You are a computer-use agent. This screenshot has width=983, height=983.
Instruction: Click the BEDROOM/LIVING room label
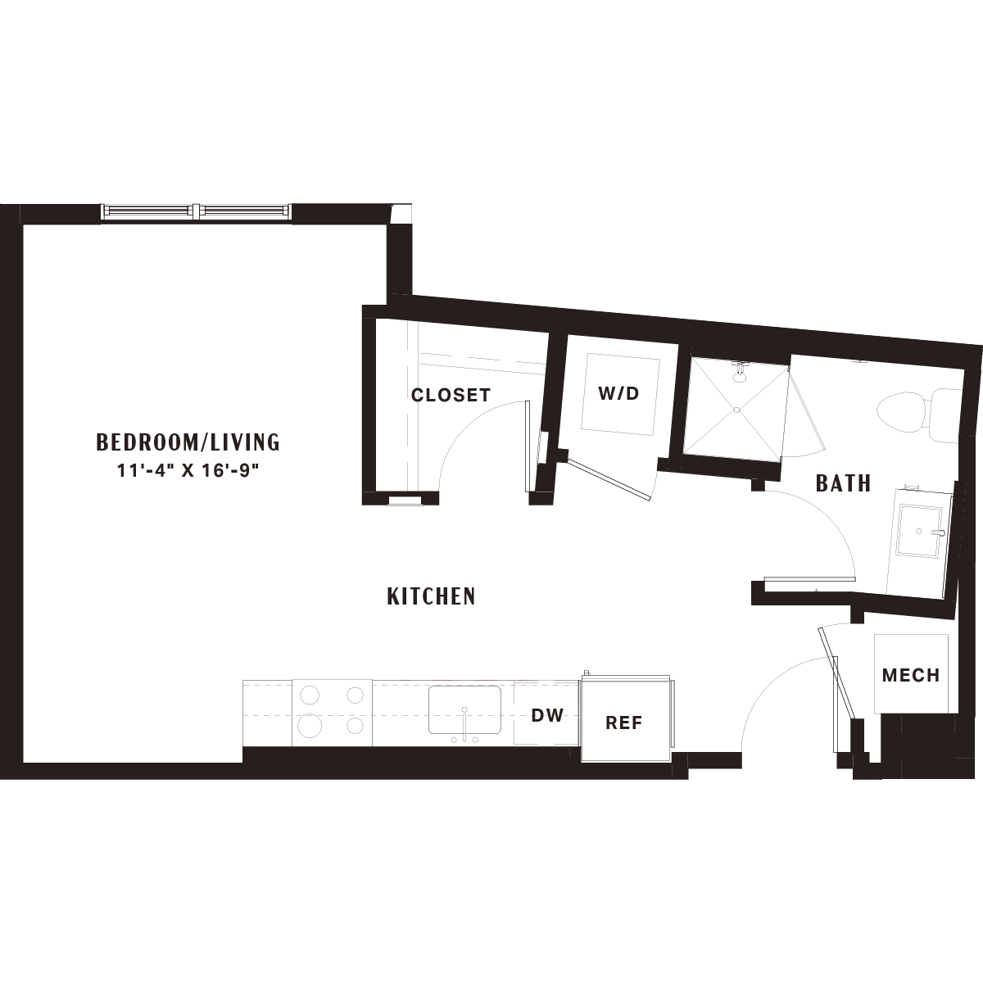(x=188, y=442)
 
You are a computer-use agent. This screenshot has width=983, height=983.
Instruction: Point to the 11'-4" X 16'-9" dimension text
(x=188, y=470)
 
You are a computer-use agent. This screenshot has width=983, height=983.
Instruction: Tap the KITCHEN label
(x=432, y=597)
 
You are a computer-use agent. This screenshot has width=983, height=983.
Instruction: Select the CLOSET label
(x=451, y=395)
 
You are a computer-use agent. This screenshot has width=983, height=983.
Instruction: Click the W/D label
(x=618, y=393)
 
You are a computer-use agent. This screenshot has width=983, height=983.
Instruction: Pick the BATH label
(x=844, y=483)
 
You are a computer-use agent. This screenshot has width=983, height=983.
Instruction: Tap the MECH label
(x=911, y=675)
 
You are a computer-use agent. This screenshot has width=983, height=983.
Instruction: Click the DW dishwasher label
(x=547, y=715)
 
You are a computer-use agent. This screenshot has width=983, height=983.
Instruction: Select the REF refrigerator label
(x=624, y=723)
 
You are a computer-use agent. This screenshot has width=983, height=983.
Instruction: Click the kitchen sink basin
(x=464, y=709)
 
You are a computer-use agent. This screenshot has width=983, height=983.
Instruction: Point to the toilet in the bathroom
(x=918, y=416)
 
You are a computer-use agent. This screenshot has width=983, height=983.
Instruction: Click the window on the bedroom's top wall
(x=197, y=211)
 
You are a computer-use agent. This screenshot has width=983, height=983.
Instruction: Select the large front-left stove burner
(x=309, y=726)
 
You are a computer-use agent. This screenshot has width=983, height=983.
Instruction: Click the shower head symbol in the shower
(x=739, y=371)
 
